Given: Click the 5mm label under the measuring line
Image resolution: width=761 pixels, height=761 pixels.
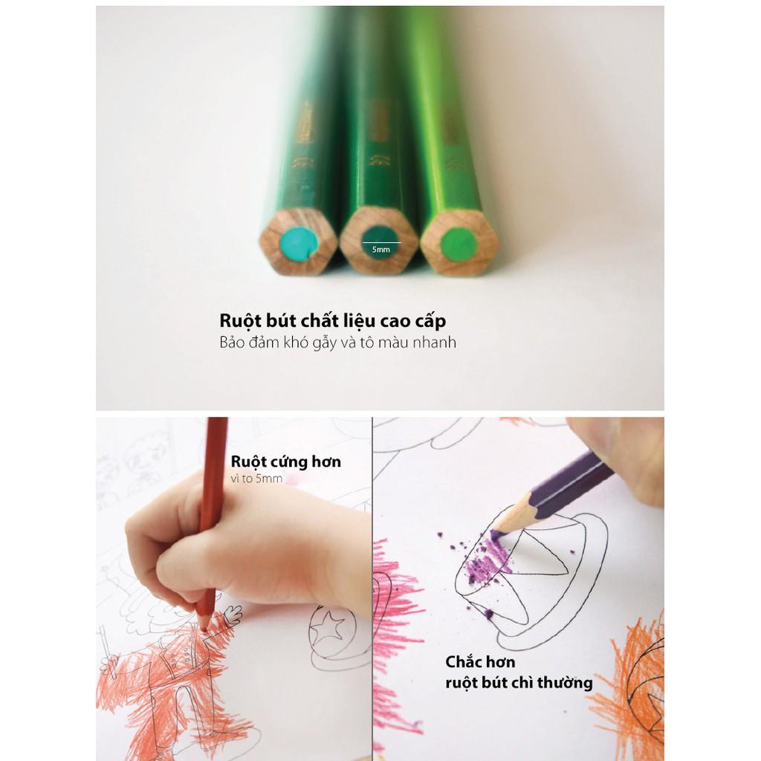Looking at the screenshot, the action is click(x=381, y=250).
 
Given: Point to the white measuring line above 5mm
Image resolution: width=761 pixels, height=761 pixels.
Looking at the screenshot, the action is click(x=381, y=242).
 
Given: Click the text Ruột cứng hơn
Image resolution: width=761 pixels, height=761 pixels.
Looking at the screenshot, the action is click(x=286, y=462).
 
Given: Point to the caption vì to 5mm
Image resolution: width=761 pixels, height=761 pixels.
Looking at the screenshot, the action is click(x=256, y=479).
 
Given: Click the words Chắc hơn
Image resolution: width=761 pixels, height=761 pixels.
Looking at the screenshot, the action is click(x=481, y=662).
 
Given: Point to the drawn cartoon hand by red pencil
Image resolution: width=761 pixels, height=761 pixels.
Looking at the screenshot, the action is click(x=231, y=616).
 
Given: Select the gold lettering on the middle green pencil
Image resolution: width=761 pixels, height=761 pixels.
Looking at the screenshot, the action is click(x=378, y=131).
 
